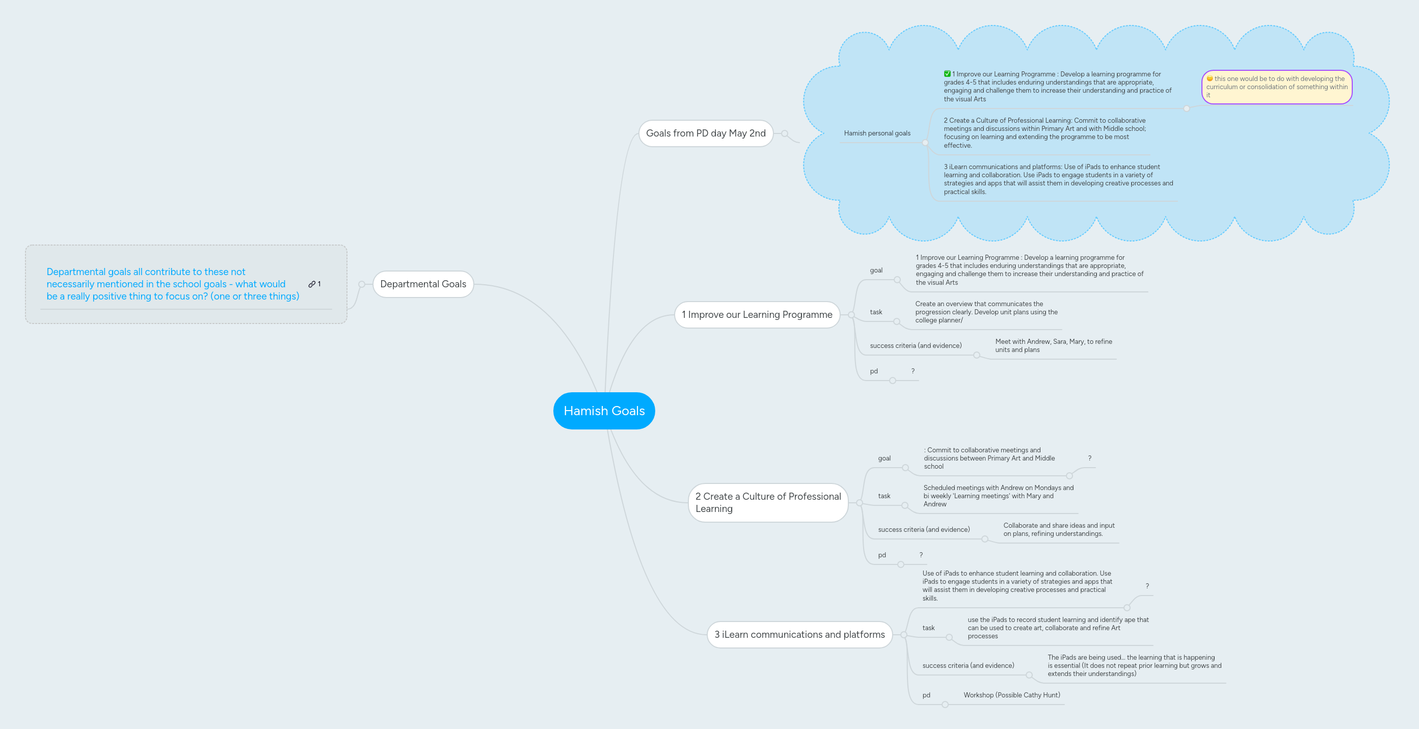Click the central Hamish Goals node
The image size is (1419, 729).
604,411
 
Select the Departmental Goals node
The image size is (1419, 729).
422,284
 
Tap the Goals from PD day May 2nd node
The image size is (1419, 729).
705,133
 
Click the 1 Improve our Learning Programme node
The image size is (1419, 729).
756,314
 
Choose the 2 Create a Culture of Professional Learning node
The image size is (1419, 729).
767,502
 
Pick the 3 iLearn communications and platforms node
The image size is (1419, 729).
799,634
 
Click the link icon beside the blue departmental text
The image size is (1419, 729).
312,284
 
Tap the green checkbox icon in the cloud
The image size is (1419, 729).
947,74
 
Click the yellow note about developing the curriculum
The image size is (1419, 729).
1276,87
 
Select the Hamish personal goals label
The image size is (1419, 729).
877,133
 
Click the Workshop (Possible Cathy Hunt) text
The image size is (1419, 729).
1011,695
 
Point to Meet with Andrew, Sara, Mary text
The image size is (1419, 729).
1053,345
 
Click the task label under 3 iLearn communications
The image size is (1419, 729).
928,628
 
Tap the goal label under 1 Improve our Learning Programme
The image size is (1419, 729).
876,271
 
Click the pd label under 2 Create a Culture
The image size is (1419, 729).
881,555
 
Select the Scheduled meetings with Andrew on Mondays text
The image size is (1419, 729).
998,496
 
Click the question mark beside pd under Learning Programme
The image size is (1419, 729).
913,371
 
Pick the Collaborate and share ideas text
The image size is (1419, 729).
1058,529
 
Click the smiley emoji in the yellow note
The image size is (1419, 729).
1210,78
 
